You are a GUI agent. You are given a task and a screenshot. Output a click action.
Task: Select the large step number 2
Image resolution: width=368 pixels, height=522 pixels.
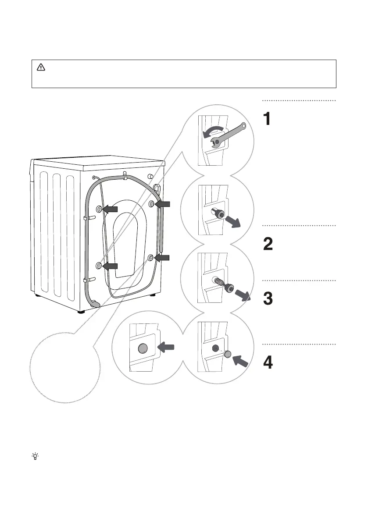tap(268, 244)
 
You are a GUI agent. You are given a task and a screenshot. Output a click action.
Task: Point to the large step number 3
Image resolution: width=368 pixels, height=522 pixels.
tap(268, 299)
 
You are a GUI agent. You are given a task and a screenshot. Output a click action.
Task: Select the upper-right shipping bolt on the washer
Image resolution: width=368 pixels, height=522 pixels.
tap(151, 203)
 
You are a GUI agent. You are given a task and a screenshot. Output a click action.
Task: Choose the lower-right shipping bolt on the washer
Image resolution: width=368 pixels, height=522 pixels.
tap(151, 259)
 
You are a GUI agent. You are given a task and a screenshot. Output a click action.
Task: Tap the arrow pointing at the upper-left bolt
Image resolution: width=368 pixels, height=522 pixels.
tap(111, 210)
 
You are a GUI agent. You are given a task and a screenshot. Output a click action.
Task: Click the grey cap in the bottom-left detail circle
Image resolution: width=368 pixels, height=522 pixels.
tap(142, 348)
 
